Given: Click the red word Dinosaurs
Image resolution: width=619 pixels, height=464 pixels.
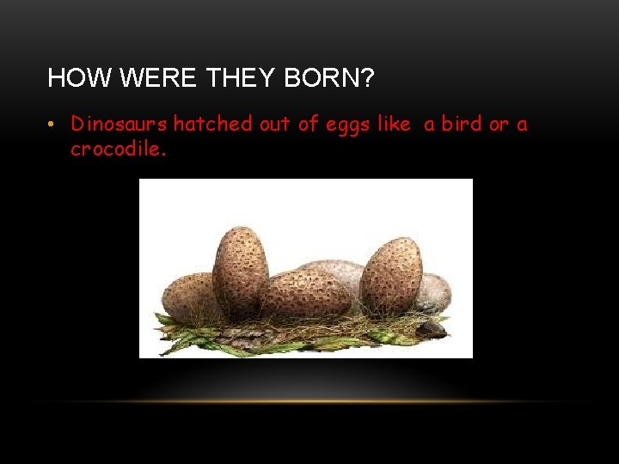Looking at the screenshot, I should point(120,124).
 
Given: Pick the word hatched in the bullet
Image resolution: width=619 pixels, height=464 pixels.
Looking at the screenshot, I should point(212,124).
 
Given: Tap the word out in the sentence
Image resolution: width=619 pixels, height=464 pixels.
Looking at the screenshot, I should point(275,124).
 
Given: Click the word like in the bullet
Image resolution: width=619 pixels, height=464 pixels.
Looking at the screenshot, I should point(394,124).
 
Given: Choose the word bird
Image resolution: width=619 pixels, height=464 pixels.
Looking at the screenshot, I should point(463,124).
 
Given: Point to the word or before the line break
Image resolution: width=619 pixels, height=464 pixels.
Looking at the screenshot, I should point(499,125).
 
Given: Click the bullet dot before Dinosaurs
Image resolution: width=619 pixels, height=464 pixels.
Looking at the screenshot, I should point(52,125).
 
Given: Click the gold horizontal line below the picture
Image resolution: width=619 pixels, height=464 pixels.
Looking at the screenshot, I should point(309,401).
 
